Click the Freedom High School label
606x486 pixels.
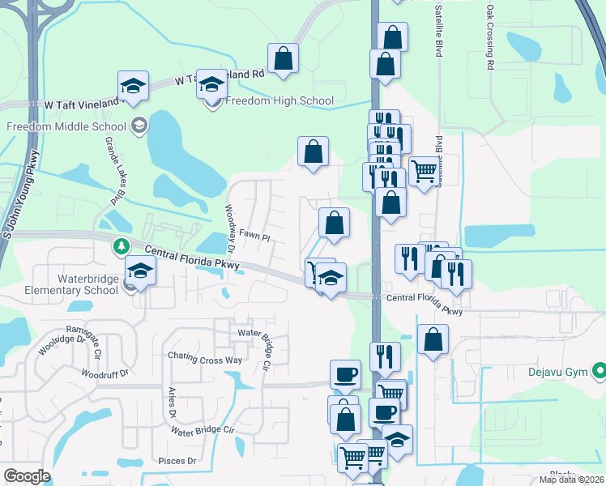tap(279, 101)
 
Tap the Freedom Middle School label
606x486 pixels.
tap(66, 126)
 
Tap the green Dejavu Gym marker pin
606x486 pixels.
tap(600, 372)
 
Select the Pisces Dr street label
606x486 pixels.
tap(181, 461)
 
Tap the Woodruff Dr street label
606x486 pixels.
tap(106, 373)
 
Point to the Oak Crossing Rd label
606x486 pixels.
tap(490, 37)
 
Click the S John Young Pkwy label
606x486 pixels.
tap(21, 194)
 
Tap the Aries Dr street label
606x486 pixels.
tap(172, 403)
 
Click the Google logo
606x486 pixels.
tap(27, 476)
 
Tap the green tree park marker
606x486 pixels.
tap(121, 245)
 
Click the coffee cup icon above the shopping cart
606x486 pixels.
tap(345, 374)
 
